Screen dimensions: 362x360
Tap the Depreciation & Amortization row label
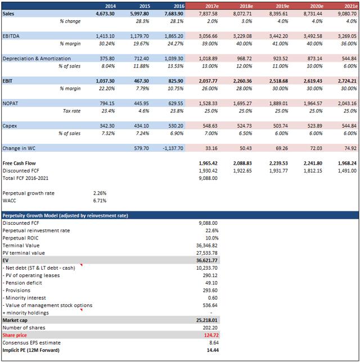coord(38,58)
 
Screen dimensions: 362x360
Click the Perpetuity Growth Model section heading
coord(65,215)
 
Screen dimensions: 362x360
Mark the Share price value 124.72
coord(208,335)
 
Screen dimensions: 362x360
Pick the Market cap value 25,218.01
coord(206,320)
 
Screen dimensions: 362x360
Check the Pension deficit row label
coord(23,283)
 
